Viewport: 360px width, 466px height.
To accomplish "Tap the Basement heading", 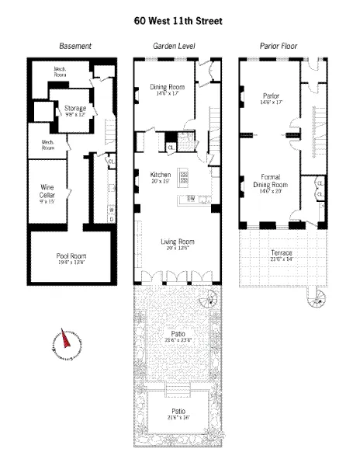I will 76,47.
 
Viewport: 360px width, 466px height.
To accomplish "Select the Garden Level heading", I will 174,47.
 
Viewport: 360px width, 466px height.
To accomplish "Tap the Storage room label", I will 75,108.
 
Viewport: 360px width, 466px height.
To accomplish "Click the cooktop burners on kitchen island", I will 185,176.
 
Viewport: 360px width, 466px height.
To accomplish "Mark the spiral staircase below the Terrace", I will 316,299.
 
